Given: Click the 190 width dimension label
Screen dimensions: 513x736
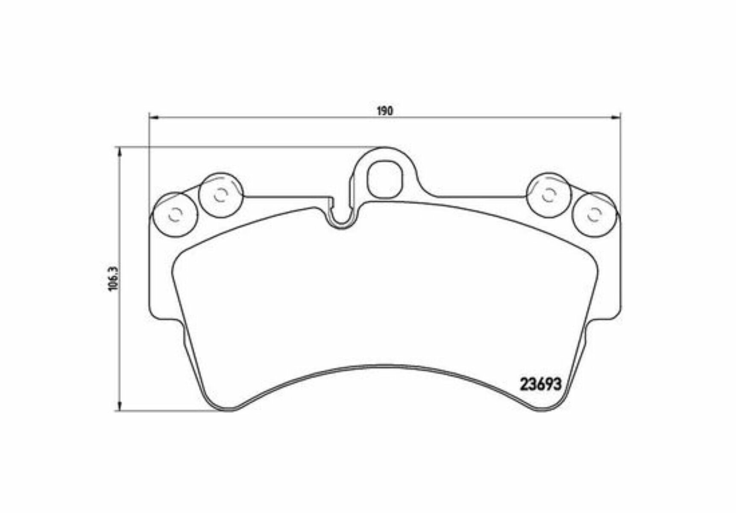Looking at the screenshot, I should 384,111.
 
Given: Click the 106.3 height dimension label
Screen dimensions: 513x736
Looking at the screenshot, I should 113,278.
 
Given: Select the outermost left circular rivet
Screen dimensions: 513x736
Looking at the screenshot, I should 175,215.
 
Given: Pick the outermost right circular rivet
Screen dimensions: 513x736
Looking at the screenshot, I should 594,215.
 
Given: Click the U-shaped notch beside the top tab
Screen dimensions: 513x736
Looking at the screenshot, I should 341,218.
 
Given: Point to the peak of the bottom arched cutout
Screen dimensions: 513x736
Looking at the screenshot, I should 384,366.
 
